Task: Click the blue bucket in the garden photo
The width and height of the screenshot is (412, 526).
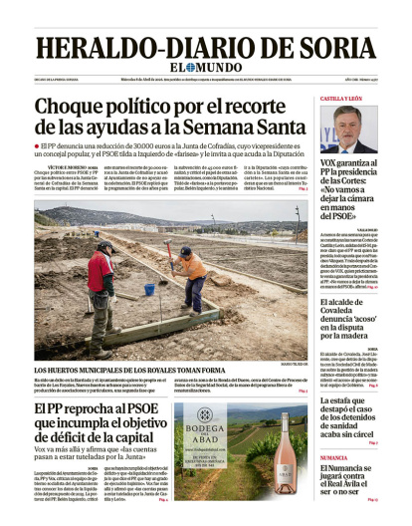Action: tap(148, 289)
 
